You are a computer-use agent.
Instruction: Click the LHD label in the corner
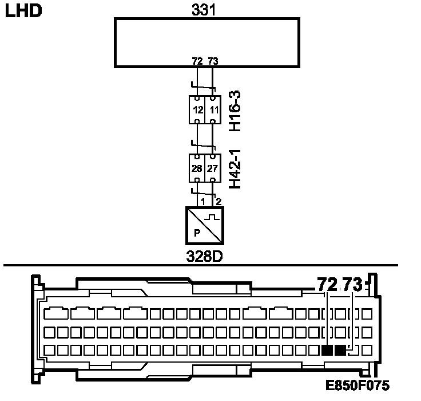pyautogui.click(x=23, y=11)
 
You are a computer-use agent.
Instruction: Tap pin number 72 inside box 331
pyautogui.click(x=198, y=60)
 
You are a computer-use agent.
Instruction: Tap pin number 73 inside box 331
pyautogui.click(x=213, y=60)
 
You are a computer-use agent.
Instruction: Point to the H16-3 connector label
pyautogui.click(x=235, y=110)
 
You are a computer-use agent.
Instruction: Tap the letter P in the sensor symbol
pyautogui.click(x=197, y=233)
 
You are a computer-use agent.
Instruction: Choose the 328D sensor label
pyautogui.click(x=205, y=255)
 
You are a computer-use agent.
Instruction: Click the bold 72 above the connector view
pyautogui.click(x=327, y=284)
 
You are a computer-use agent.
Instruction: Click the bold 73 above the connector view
pyautogui.click(x=352, y=284)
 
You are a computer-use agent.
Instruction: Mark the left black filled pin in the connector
pyautogui.click(x=327, y=351)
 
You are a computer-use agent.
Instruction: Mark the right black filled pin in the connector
pyautogui.click(x=340, y=351)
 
